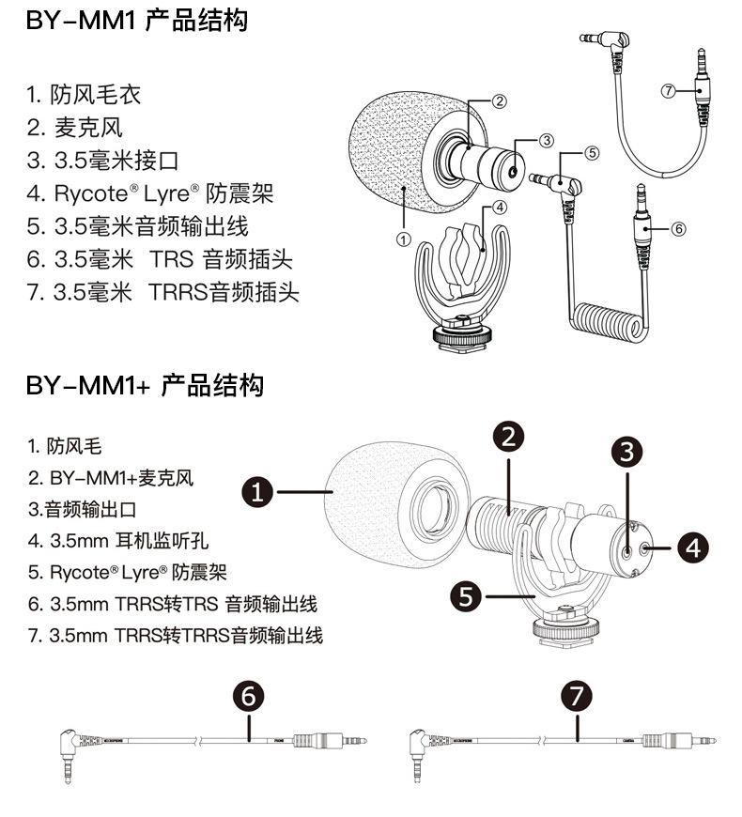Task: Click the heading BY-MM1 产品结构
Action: coord(137,22)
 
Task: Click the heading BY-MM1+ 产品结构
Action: coord(146,385)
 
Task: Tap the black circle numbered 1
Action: coord(259,490)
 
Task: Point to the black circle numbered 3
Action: coord(627,451)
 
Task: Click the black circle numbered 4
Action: coord(692,547)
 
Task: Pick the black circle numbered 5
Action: coord(467,594)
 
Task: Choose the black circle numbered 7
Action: coord(576,697)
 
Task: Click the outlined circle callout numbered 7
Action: coord(668,91)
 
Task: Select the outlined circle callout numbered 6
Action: coord(679,228)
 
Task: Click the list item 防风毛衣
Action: coord(85,95)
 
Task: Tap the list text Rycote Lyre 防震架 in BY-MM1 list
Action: coord(150,193)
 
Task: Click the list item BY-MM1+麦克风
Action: coord(111,478)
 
